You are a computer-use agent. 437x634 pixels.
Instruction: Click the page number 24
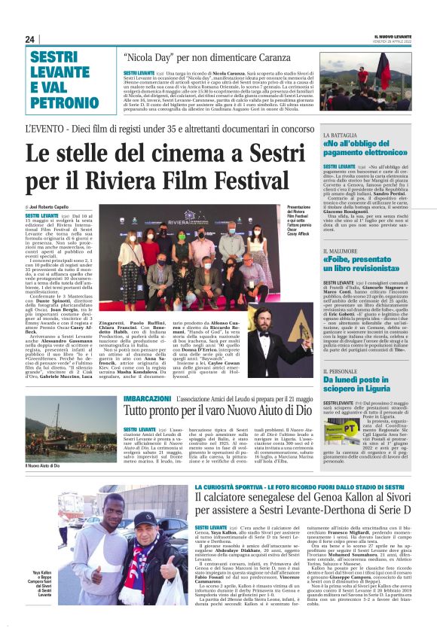(x=30, y=39)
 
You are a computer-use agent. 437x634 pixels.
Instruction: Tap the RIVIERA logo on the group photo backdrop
(x=188, y=221)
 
